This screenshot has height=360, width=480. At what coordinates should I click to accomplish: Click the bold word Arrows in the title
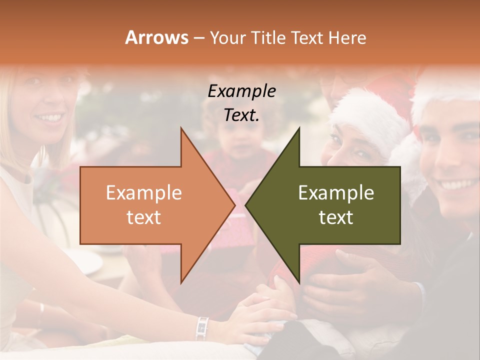156,37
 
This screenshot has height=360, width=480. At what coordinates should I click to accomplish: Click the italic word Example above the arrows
241,91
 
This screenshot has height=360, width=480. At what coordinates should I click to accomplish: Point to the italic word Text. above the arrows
241,115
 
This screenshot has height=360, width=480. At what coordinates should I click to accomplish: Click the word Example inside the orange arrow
144,193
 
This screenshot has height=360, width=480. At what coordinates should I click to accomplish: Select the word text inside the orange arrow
144,217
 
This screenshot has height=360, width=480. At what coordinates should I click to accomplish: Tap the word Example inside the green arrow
336,193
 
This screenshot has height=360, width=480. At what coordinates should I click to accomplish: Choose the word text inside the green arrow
336,217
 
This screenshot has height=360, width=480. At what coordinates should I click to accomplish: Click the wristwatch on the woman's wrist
202,327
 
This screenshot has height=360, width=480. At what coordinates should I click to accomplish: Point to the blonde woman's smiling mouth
50,118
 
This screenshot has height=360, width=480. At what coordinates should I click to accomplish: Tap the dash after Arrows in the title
198,38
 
